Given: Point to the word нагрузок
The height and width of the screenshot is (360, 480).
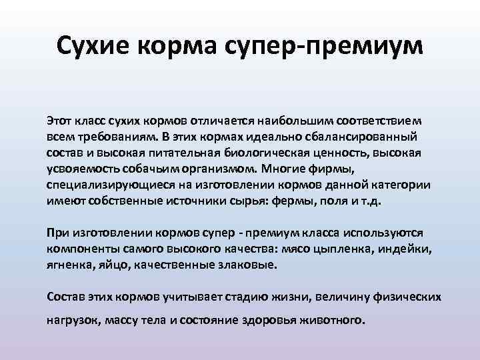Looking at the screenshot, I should [71, 319].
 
